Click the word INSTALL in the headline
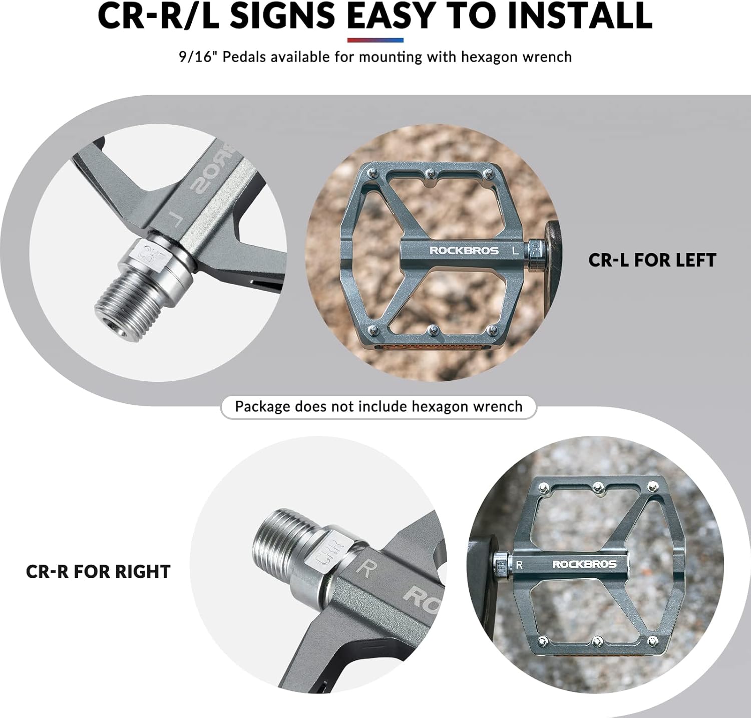(579, 16)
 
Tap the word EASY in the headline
(391, 16)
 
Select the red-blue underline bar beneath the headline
(375, 40)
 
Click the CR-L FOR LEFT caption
(652, 260)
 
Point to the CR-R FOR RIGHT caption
(98, 572)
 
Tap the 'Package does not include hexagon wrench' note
(379, 406)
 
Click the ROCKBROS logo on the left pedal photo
(464, 251)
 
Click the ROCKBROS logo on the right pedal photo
(584, 564)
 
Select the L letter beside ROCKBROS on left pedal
(515, 251)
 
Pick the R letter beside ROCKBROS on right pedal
(520, 565)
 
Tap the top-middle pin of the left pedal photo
(430, 173)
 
